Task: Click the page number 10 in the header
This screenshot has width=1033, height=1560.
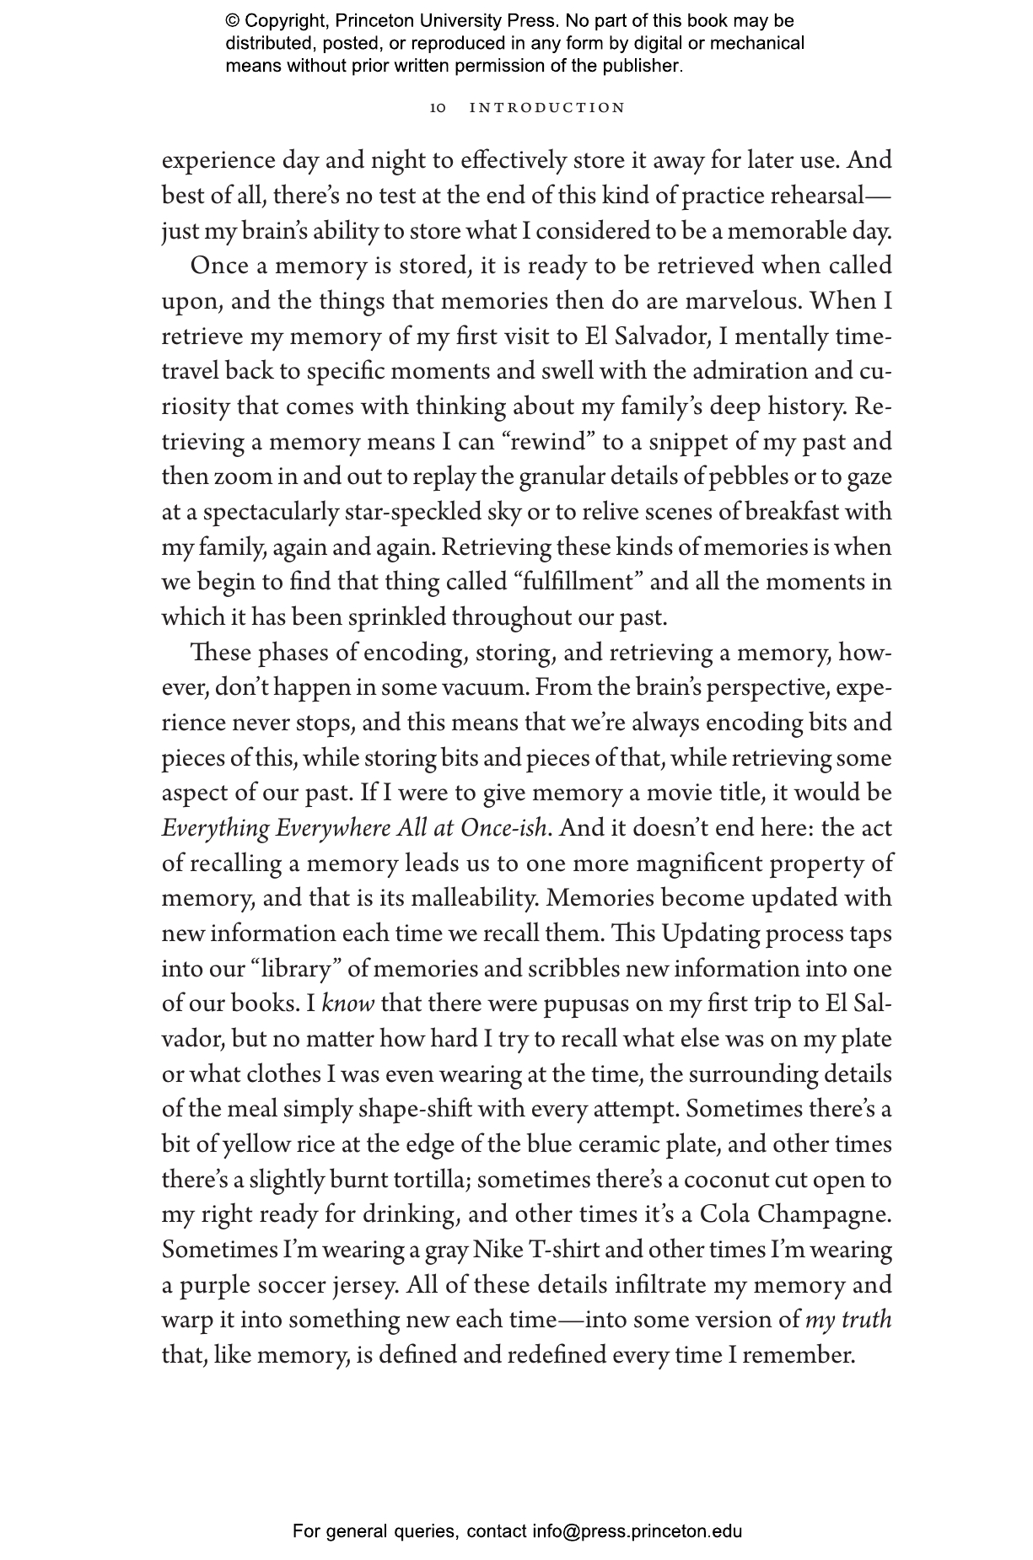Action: pyautogui.click(x=438, y=108)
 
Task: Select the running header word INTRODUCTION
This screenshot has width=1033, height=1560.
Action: pyautogui.click(x=547, y=108)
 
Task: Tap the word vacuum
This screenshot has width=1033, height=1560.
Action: pyautogui.click(x=489, y=688)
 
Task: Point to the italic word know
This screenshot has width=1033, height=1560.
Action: pyautogui.click(x=348, y=1004)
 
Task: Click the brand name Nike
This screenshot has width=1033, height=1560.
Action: pyautogui.click(x=498, y=1250)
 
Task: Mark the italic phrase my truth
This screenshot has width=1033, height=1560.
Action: pyautogui.click(x=847, y=1321)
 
